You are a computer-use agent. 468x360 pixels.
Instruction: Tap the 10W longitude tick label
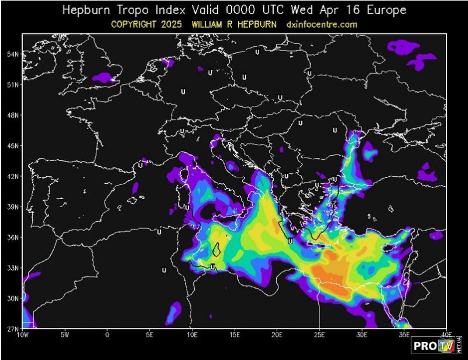click(23, 335)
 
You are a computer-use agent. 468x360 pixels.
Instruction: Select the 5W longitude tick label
click(65, 335)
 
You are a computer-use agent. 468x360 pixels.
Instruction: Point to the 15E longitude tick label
click(235, 335)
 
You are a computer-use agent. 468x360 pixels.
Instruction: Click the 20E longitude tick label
click(277, 335)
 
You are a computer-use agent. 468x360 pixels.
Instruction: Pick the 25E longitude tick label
click(319, 335)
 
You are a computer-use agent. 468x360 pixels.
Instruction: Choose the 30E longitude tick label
click(362, 335)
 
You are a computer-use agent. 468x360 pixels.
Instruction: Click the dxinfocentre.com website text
click(322, 25)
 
